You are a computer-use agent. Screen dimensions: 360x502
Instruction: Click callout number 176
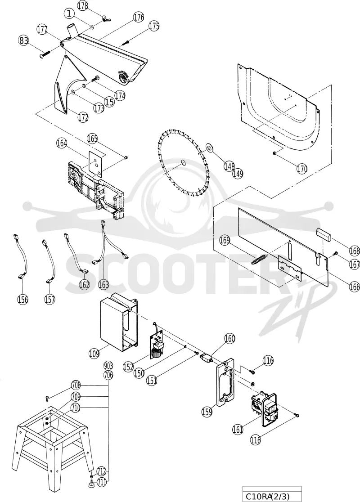[x=138, y=18]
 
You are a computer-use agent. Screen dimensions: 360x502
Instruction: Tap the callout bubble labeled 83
[x=24, y=41]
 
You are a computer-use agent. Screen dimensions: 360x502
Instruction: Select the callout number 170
[x=301, y=168]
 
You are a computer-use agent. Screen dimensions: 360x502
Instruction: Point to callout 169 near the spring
[x=225, y=240]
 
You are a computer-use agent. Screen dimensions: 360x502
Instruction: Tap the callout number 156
[x=23, y=299]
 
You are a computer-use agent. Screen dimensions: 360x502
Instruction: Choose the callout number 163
[x=103, y=284]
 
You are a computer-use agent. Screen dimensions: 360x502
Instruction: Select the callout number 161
[x=238, y=429]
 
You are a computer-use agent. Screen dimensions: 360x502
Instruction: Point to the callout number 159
[x=207, y=412]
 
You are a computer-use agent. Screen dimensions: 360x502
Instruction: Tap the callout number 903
[x=108, y=366]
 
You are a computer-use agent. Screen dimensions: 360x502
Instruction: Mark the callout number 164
[x=62, y=143]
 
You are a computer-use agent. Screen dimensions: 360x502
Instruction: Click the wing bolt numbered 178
[x=104, y=18]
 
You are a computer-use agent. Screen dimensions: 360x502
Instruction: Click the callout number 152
[x=128, y=367]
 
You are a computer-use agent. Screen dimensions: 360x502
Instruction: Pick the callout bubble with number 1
[x=69, y=13]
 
